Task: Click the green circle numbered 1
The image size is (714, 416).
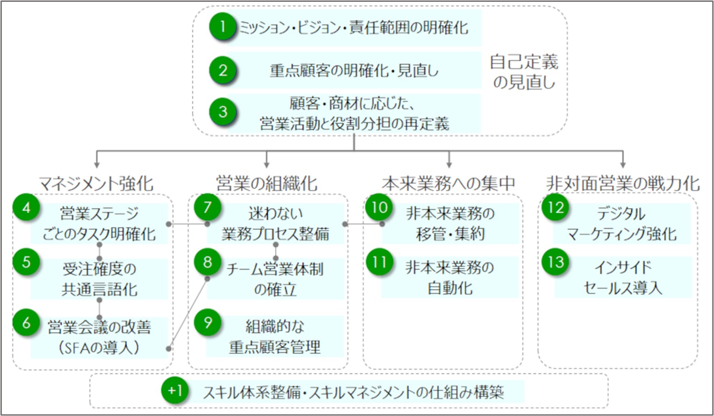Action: pyautogui.click(x=223, y=27)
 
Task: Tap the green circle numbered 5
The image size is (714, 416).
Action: pyautogui.click(x=27, y=262)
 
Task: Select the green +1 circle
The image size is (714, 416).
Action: pyautogui.click(x=175, y=390)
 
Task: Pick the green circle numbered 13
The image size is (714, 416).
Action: pyautogui.click(x=556, y=262)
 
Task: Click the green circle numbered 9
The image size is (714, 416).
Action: pyautogui.click(x=208, y=323)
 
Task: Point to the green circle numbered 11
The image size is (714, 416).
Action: pyautogui.click(x=380, y=262)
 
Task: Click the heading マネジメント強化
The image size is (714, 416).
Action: pyautogui.click(x=96, y=184)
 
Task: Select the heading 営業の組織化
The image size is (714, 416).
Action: pyautogui.click(x=267, y=183)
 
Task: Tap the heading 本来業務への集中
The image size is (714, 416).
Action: pyautogui.click(x=449, y=183)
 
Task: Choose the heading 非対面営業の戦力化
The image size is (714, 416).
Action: pyautogui.click(x=623, y=183)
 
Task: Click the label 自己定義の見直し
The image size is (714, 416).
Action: pyautogui.click(x=524, y=72)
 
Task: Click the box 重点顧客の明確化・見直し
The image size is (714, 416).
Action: pyautogui.click(x=354, y=70)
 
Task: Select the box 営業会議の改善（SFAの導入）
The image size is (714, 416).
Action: pyautogui.click(x=99, y=337)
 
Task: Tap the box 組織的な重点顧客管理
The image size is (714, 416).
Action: pyautogui.click(x=275, y=336)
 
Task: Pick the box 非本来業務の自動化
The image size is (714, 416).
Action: pyautogui.click(x=450, y=277)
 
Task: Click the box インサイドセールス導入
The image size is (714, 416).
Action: pyautogui.click(x=623, y=277)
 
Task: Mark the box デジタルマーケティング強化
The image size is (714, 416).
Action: pyautogui.click(x=622, y=223)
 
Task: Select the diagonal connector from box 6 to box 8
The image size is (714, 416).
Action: pyautogui.click(x=188, y=313)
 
